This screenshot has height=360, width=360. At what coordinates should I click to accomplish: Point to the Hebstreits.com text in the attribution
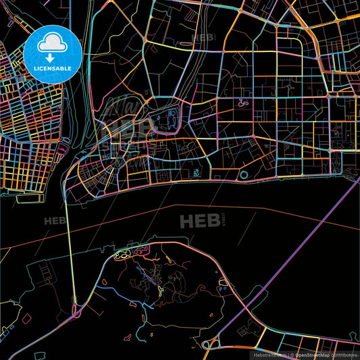[x=269, y=354]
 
